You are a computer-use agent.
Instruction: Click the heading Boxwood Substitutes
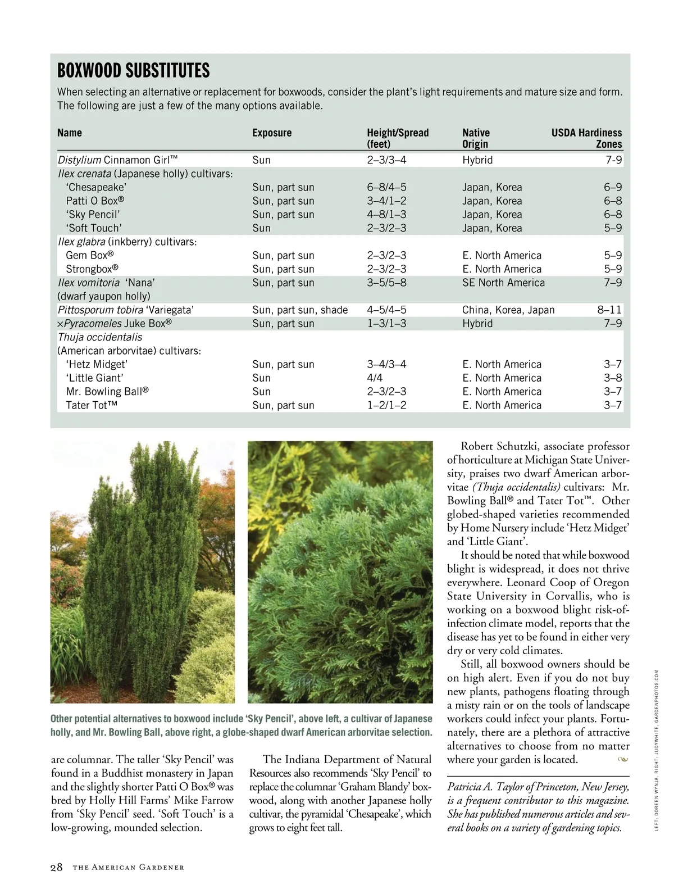click(134, 71)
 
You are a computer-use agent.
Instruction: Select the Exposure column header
click(272, 133)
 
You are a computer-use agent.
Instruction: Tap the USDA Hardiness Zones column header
click(586, 138)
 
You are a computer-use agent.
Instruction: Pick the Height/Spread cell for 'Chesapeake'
click(386, 188)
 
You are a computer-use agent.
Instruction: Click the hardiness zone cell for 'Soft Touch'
click(613, 228)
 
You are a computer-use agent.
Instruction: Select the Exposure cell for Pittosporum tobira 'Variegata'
click(300, 310)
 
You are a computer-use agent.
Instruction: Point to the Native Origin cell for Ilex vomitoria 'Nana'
click(503, 283)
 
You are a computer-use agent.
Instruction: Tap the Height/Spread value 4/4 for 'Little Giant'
click(375, 378)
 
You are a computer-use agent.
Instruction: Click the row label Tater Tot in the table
click(92, 406)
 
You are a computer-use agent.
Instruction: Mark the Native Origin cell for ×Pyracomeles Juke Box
click(477, 324)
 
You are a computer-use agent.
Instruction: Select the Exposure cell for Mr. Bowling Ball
click(261, 392)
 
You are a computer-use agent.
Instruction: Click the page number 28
click(57, 867)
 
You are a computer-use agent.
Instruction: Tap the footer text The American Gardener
click(129, 868)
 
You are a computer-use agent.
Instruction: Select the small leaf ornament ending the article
click(622, 760)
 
